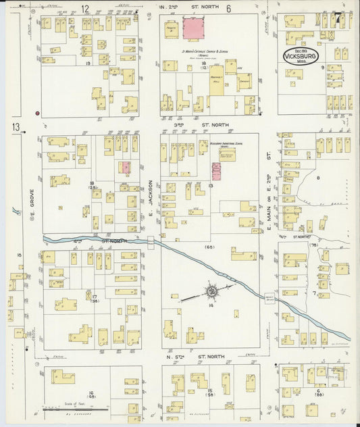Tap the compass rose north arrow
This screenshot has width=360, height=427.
coord(211,291)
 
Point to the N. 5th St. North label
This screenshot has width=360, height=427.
coord(196,355)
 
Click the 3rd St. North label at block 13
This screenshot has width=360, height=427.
coord(197,125)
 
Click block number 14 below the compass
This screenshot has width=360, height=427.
coord(211,306)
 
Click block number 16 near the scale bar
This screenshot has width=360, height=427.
coord(90,393)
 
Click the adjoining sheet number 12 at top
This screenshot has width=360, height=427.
coord(85,8)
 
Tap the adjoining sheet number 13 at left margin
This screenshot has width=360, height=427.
coord(15,127)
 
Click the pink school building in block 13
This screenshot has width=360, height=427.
coord(217,170)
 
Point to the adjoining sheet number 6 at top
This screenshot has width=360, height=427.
coord(229,8)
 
